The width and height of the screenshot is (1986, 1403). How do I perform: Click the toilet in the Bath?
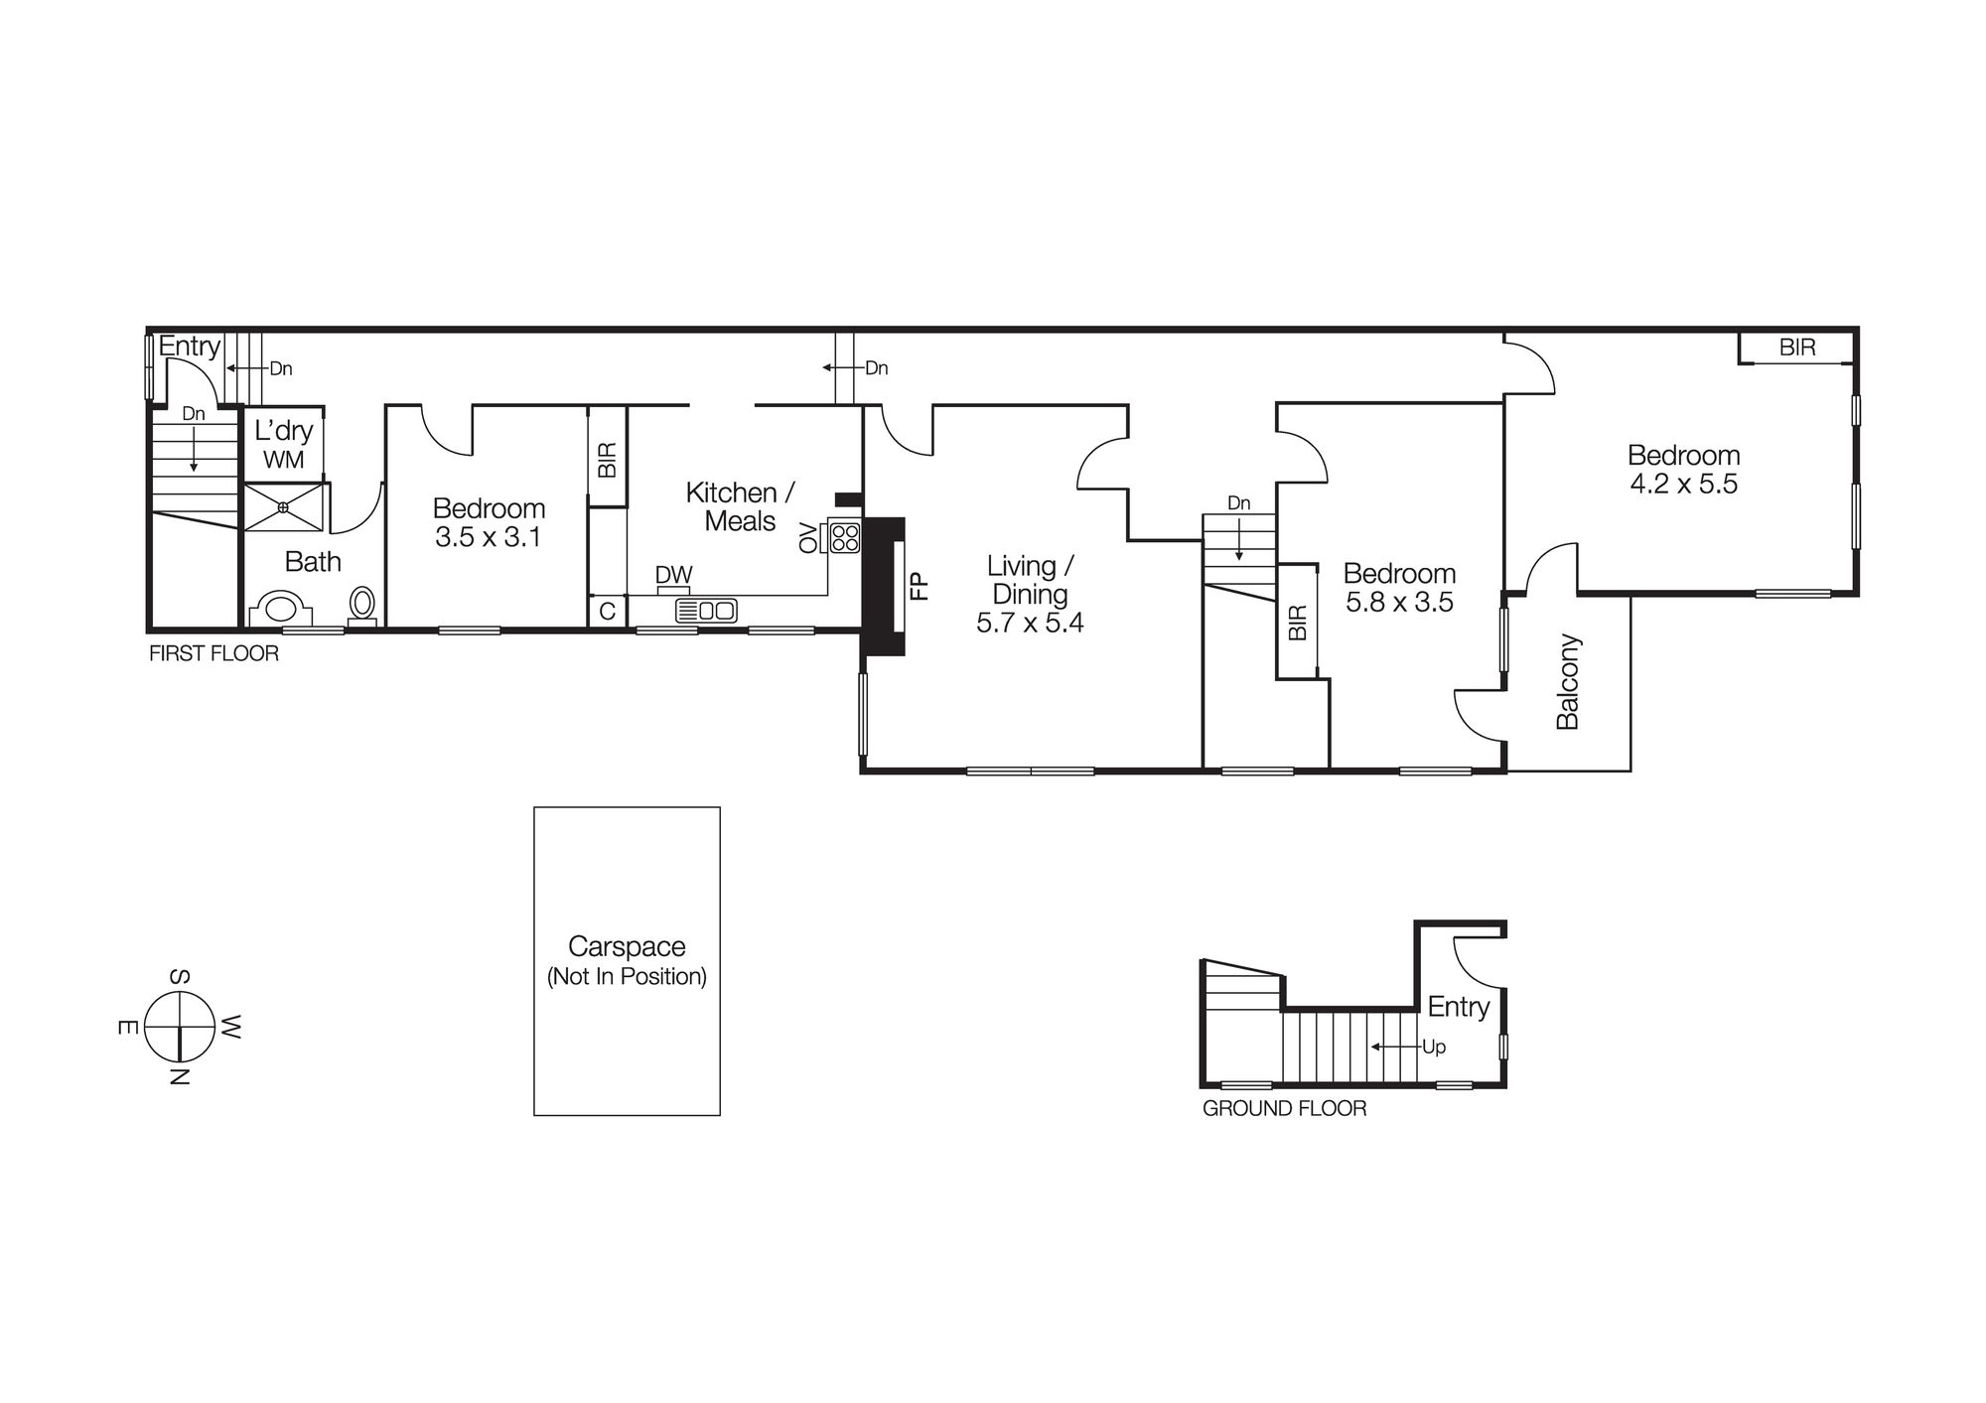[x=362, y=604]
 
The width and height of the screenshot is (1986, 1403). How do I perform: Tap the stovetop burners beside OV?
[x=845, y=538]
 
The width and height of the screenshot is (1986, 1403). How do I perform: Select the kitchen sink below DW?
[x=706, y=611]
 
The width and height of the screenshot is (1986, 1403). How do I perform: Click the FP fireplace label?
[x=919, y=586]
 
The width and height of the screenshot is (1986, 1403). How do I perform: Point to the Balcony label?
[x=1567, y=682]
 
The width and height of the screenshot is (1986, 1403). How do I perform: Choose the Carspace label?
[x=627, y=946]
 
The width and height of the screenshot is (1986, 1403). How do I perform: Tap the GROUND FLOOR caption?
[x=1284, y=1109]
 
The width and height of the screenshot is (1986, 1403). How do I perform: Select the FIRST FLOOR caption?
[x=213, y=654]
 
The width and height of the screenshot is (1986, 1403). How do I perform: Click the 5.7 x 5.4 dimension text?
[x=1030, y=624]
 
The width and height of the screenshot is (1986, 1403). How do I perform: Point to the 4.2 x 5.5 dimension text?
[x=1683, y=485]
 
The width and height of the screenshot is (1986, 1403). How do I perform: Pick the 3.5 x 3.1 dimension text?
[x=489, y=538]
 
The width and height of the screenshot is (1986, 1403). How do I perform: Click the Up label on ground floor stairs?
[x=1434, y=1048]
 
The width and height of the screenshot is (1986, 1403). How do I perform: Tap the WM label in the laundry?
[x=283, y=461]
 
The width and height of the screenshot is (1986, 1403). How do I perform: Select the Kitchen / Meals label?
[x=740, y=506]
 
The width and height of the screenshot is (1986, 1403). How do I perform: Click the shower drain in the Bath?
[x=283, y=508]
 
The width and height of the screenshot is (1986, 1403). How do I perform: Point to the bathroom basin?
[x=283, y=608]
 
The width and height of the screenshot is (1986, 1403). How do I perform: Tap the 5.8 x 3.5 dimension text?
[x=1399, y=603]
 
